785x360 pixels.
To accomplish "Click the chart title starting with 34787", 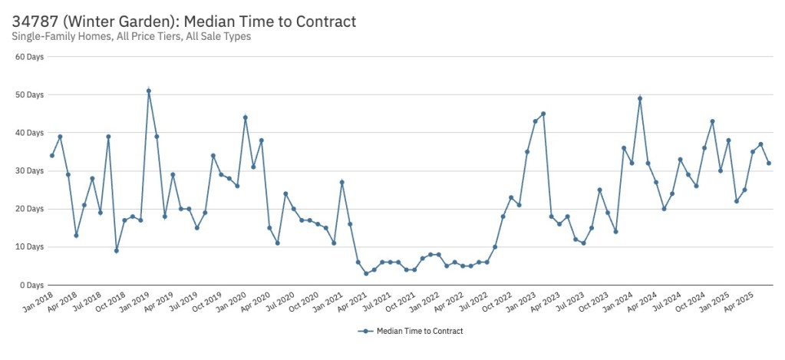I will pos(184,21).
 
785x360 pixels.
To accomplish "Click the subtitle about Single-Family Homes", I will pos(131,36).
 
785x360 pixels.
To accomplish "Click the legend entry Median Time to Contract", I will pos(411,331).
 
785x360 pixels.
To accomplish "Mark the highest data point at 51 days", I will pos(149,91).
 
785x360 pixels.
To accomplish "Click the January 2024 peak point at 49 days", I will pos(640,98).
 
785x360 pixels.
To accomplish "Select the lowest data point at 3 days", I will pos(366,273).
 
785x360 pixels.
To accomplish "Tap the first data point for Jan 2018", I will pos(52,156).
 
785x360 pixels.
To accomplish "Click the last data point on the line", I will pos(769,163).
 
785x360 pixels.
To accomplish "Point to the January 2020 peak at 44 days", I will pos(246,117).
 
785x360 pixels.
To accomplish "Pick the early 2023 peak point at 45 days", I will pos(543,114).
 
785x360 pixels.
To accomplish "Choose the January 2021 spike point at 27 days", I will pos(342,182).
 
